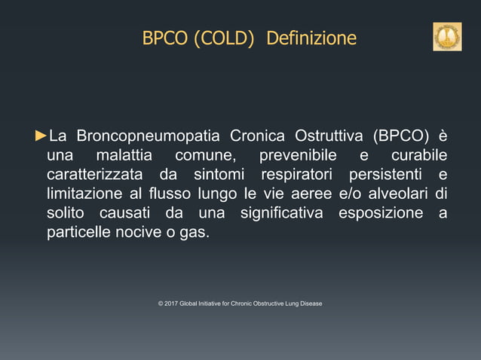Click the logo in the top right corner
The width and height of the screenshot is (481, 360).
[446, 37]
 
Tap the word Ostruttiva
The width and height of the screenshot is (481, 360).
[333, 136]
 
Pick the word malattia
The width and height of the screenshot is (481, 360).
[124, 156]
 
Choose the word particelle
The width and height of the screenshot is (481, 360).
[78, 233]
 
